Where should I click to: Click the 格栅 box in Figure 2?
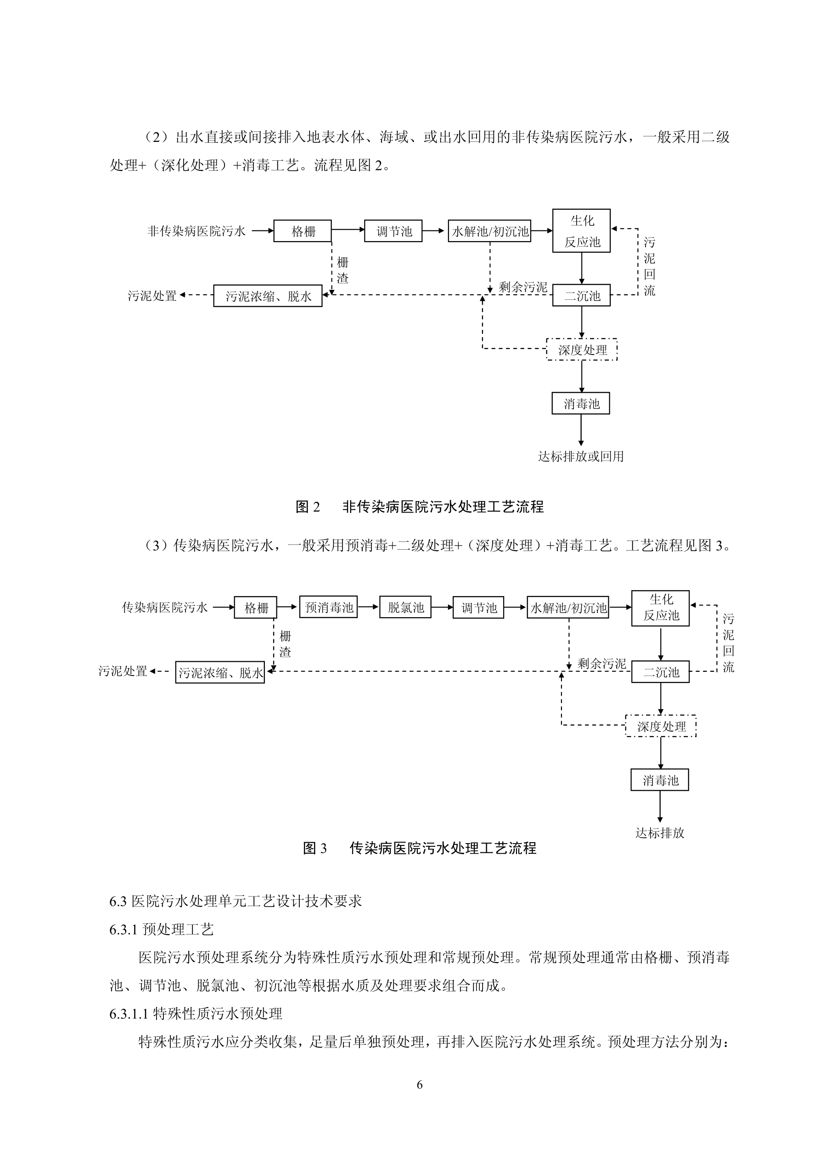tap(303, 231)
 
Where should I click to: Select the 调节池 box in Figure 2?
tap(393, 231)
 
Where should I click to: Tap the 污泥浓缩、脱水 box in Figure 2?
tap(268, 296)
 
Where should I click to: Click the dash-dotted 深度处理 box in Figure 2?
tap(582, 349)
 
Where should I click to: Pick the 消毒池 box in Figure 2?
tap(581, 403)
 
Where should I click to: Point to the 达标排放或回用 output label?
tap(581, 457)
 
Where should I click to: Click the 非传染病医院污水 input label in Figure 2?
tap(197, 231)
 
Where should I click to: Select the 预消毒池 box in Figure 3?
tap(328, 607)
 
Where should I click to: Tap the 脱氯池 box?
tap(406, 607)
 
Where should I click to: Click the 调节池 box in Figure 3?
tap(478, 607)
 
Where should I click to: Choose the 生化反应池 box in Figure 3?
tap(661, 608)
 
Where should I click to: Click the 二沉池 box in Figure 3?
tap(661, 672)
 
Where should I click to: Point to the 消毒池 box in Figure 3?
tap(660, 780)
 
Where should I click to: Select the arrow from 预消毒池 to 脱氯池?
tap(368, 607)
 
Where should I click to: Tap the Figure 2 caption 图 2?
tap(308, 507)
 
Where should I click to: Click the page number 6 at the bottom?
tap(419, 1085)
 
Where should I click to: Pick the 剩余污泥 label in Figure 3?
tap(602, 664)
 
